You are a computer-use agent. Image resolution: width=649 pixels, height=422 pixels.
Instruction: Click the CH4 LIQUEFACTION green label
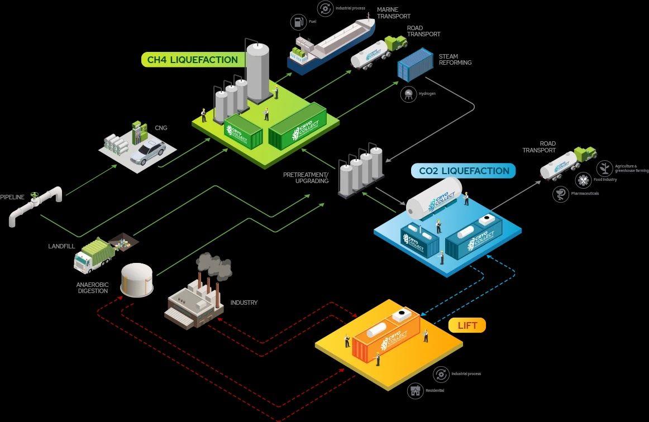(x=192, y=60)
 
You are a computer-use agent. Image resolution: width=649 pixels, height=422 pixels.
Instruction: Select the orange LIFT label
(x=467, y=325)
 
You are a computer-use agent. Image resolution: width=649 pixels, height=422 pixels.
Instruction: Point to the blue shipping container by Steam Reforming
(x=415, y=65)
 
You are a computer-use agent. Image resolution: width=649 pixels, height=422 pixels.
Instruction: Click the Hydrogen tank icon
(x=409, y=94)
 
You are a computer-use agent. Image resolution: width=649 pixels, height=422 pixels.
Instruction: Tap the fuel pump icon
(x=299, y=22)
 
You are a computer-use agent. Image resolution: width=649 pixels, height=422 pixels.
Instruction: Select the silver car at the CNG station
(x=148, y=152)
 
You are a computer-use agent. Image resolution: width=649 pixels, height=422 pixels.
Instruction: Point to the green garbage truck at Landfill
(x=94, y=255)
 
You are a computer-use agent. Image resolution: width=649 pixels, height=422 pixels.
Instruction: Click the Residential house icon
(x=416, y=390)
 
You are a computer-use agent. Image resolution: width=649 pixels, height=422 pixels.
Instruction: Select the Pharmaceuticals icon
(x=561, y=194)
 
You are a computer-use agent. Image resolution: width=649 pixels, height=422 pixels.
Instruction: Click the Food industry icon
(x=584, y=180)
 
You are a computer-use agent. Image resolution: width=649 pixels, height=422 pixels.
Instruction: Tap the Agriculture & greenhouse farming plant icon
(x=604, y=167)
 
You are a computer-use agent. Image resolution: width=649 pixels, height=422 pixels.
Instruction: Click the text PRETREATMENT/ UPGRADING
(x=306, y=178)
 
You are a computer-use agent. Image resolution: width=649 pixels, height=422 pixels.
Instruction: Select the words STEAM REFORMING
(x=455, y=60)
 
